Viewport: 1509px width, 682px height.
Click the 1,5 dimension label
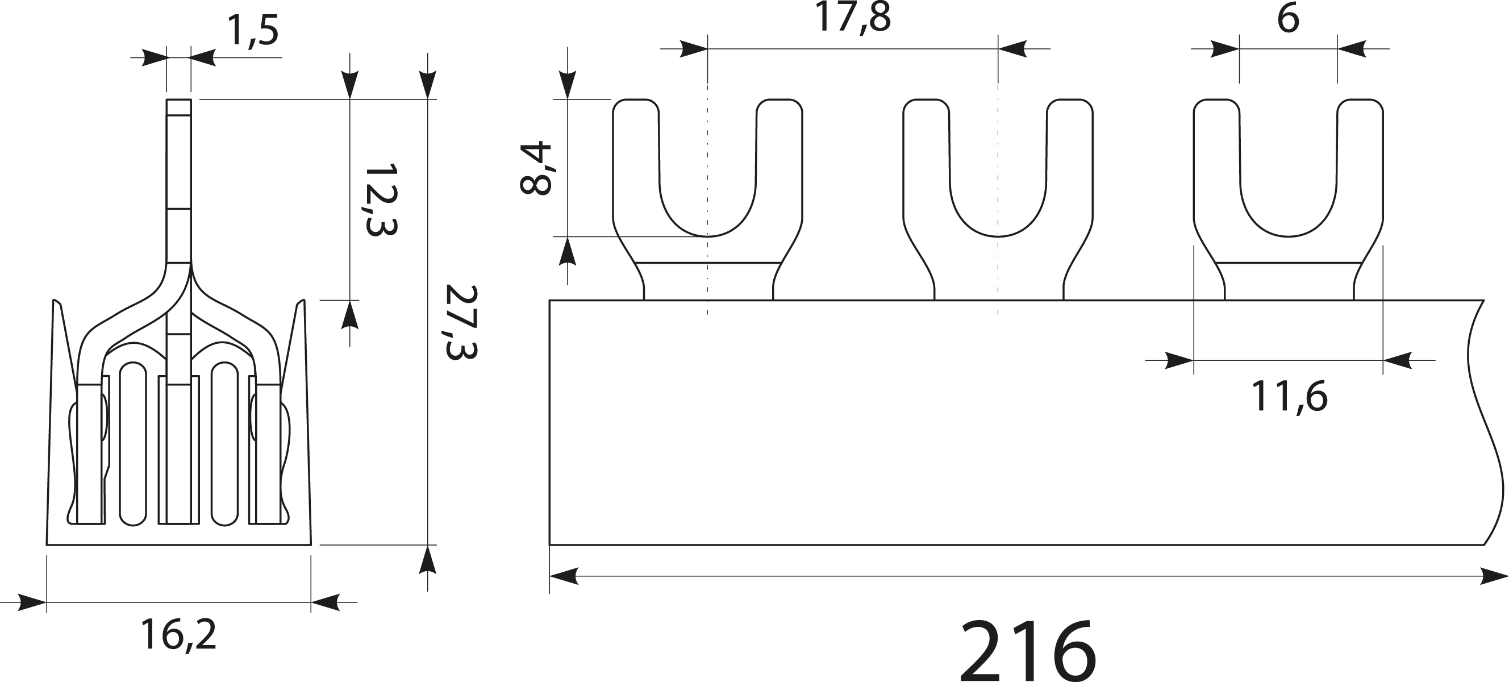click(x=253, y=32)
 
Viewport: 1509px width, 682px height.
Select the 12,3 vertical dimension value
click(x=381, y=200)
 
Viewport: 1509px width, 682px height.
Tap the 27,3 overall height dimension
click(x=461, y=322)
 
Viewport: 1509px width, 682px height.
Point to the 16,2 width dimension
click(x=178, y=634)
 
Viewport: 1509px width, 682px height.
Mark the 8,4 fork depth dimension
click(x=535, y=168)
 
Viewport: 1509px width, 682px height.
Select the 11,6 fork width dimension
click(x=1289, y=397)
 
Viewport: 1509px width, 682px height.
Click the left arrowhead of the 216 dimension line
click(x=564, y=576)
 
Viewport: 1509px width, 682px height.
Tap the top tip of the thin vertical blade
click(x=178, y=103)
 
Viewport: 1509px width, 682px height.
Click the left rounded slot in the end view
click(x=133, y=443)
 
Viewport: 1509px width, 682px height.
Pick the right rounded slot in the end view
click(x=224, y=443)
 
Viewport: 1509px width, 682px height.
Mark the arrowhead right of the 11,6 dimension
click(x=1397, y=361)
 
